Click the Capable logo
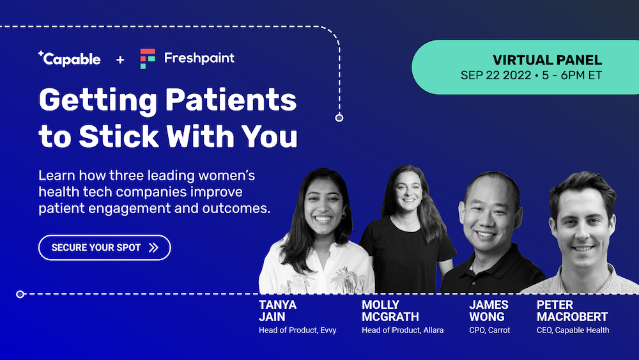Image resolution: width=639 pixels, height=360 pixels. (x=69, y=59)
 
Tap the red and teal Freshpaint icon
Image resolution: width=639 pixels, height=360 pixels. (x=148, y=59)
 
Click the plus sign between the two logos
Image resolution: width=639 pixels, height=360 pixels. (x=120, y=60)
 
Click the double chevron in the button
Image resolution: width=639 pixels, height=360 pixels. (x=153, y=247)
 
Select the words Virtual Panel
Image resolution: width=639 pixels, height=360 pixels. (x=548, y=60)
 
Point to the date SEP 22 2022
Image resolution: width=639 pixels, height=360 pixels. (x=496, y=75)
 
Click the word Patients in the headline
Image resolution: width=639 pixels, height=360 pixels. (x=231, y=100)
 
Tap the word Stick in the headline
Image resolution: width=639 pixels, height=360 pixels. (x=119, y=136)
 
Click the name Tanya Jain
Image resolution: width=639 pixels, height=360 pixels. (x=277, y=311)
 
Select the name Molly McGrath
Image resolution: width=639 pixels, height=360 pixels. (x=390, y=311)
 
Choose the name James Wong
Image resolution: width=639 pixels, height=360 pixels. (x=489, y=311)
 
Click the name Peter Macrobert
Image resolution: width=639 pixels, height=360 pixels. (x=572, y=311)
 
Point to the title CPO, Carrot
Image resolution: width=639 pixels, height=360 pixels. (x=489, y=330)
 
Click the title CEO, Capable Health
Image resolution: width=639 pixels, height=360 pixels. (x=573, y=330)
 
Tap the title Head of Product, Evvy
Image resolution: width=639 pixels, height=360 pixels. (x=298, y=330)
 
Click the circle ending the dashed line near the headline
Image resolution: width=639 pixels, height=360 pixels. (x=339, y=118)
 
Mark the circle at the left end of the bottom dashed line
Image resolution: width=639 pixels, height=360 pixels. (x=20, y=294)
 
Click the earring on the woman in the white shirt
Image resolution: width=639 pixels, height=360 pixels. (x=344, y=215)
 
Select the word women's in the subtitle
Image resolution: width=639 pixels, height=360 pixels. (x=227, y=176)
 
